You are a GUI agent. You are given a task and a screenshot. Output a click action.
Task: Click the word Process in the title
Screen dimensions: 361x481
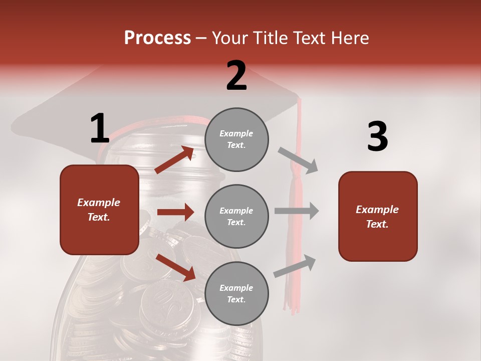click(157, 38)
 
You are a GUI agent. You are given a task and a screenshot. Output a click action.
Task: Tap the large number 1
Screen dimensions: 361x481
click(100, 128)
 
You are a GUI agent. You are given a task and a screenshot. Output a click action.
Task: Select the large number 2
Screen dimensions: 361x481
click(236, 76)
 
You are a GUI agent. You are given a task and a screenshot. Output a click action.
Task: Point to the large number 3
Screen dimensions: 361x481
click(377, 137)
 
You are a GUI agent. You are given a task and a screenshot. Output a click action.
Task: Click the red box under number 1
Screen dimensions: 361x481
click(99, 210)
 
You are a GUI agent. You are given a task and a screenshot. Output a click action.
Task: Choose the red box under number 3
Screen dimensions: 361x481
click(378, 216)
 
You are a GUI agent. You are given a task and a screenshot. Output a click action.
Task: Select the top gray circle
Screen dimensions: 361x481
click(236, 139)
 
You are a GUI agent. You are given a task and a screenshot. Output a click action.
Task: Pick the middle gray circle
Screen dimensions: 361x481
click(236, 216)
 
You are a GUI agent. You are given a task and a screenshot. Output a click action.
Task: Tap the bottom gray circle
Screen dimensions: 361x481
click(236, 293)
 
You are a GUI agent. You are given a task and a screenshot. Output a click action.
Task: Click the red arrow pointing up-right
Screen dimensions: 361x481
click(175, 160)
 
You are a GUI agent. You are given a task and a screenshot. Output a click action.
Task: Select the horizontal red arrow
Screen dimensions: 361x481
click(175, 212)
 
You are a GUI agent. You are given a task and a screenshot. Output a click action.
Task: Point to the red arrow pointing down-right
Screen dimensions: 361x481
click(176, 267)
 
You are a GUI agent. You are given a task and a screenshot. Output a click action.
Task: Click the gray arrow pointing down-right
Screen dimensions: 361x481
click(298, 160)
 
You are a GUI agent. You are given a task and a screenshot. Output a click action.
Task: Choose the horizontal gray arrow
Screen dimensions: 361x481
click(297, 211)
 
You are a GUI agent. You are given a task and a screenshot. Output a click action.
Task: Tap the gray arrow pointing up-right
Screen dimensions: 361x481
click(295, 266)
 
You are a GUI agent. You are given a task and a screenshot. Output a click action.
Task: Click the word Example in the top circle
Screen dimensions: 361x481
click(236, 133)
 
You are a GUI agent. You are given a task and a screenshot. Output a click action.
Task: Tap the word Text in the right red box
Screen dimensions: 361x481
click(377, 224)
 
